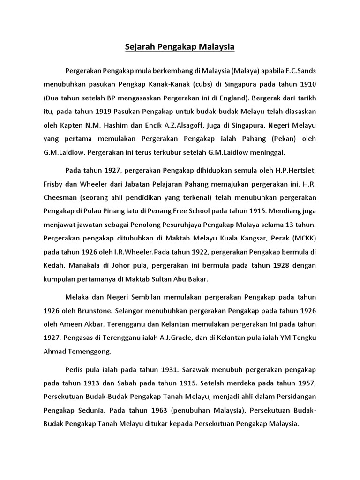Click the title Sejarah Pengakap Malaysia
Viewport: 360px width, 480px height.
point(180,47)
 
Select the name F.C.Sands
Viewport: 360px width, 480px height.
point(297,71)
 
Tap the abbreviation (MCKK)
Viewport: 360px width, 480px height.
point(302,238)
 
